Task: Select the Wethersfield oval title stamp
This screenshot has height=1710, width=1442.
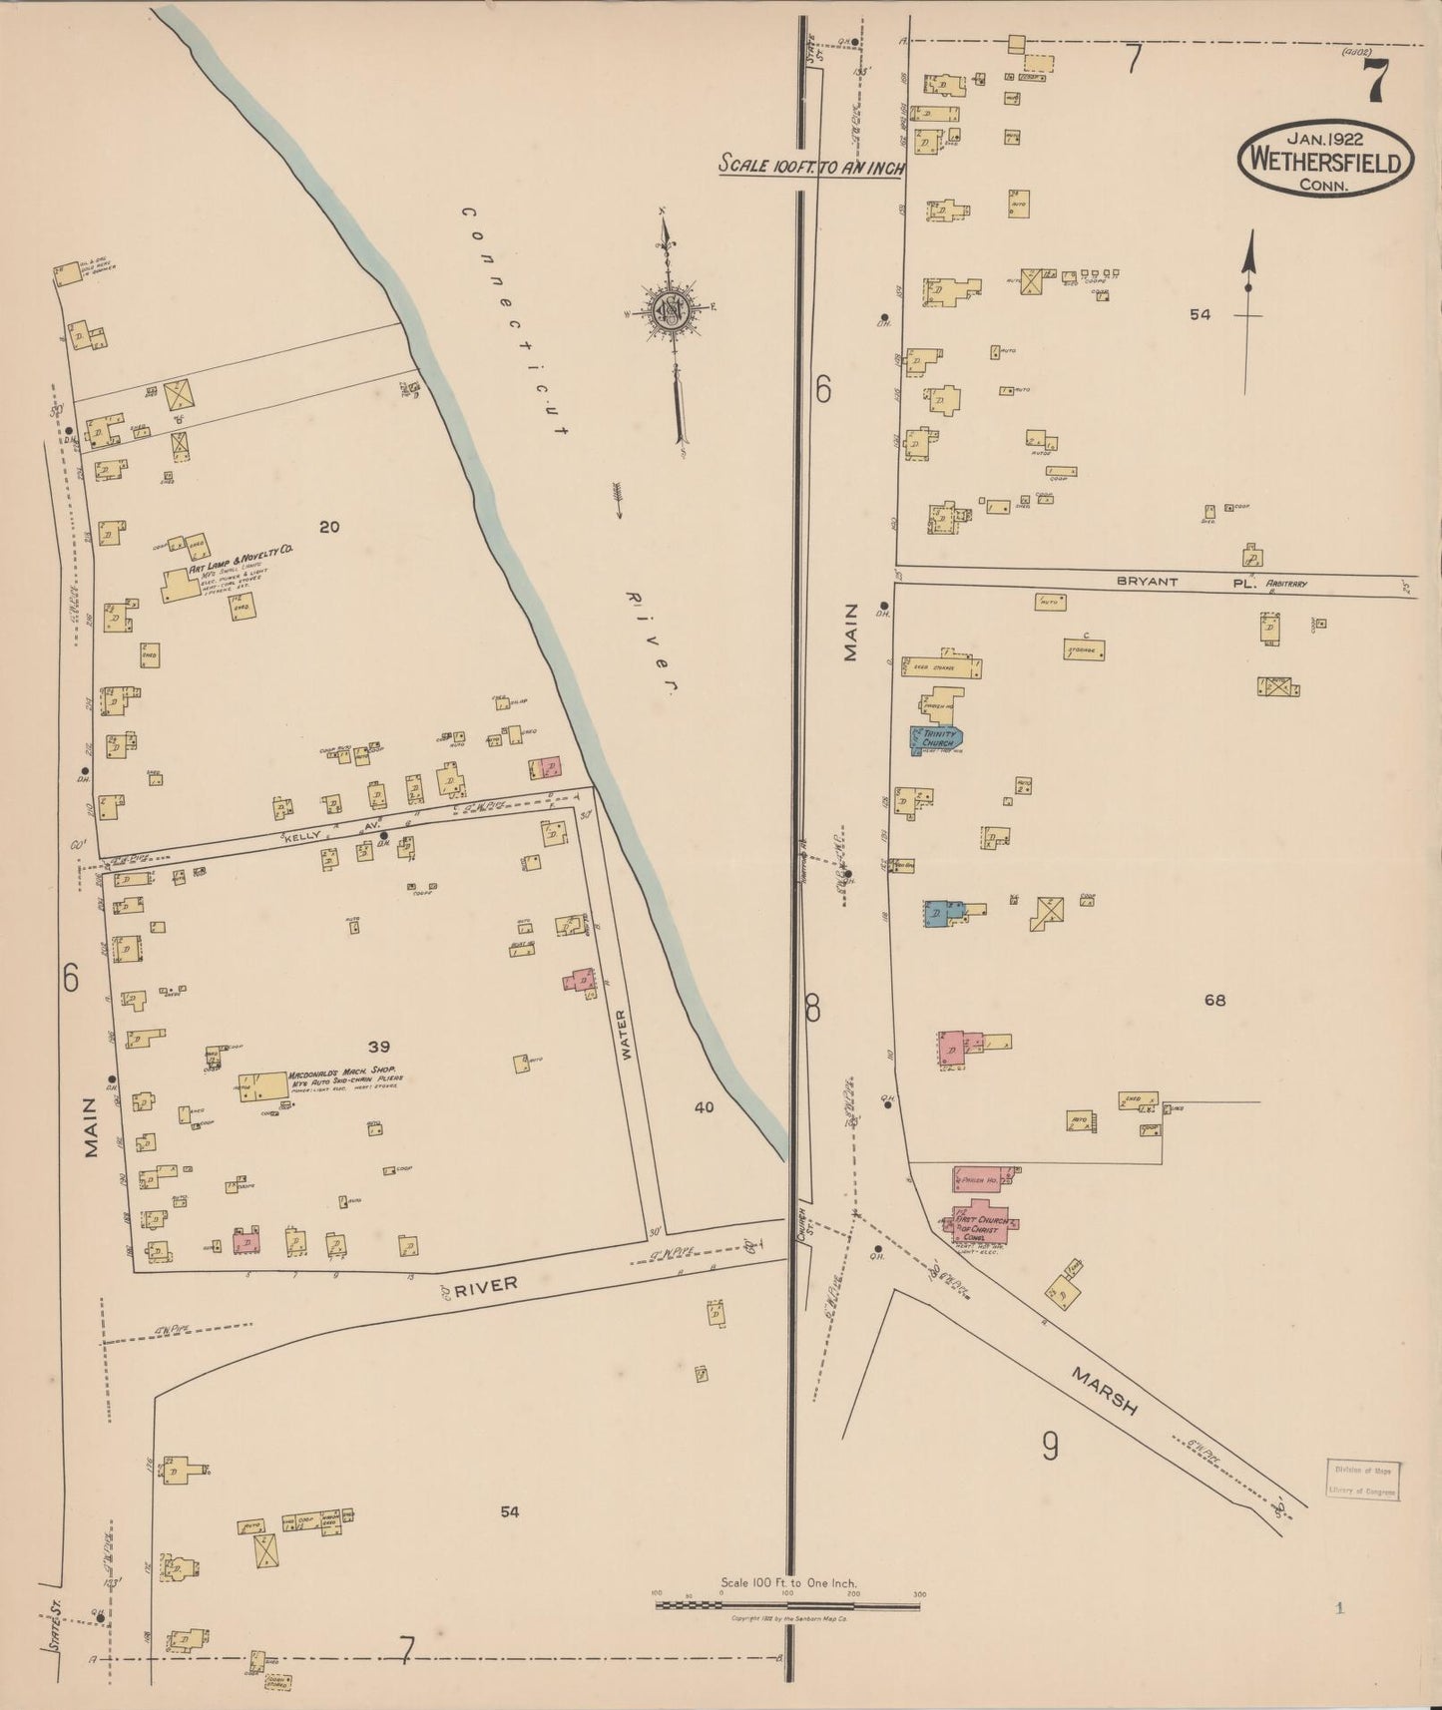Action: click(x=1326, y=160)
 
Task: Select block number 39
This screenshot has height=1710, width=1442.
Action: click(x=378, y=1047)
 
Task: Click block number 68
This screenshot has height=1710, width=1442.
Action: click(x=1213, y=1000)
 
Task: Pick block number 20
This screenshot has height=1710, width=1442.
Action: click(x=329, y=527)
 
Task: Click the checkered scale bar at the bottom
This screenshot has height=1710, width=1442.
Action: click(x=786, y=1605)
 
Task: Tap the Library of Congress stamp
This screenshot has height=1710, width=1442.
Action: click(x=1364, y=1481)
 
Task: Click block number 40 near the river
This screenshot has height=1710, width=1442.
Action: click(x=706, y=1106)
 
